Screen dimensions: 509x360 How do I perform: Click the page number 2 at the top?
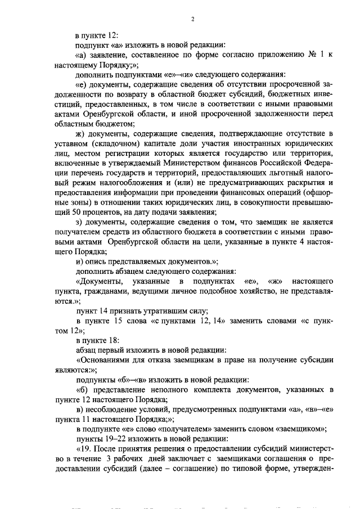[x=192, y=19]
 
